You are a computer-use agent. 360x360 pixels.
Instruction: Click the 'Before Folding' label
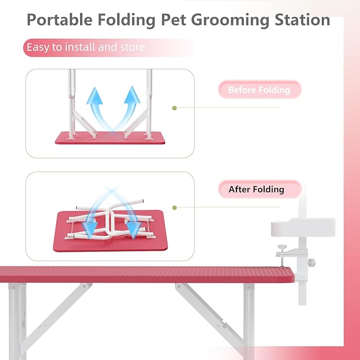click(259, 90)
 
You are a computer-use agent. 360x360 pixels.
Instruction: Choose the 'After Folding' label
click(257, 189)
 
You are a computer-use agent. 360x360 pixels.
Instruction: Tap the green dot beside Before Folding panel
click(174, 108)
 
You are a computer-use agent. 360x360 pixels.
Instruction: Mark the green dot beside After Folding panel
click(174, 208)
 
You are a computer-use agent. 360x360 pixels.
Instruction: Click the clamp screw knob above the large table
click(283, 247)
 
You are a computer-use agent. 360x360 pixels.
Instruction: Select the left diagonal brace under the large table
click(53, 313)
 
